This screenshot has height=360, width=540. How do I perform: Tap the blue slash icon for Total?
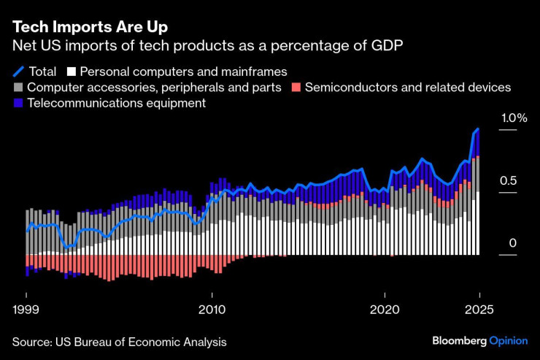click(18, 72)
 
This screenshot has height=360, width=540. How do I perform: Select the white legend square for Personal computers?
click(71, 72)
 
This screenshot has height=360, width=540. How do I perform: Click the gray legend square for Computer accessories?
click(18, 88)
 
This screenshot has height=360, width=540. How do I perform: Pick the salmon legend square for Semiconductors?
click(296, 88)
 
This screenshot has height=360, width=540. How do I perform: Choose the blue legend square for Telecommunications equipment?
click(18, 104)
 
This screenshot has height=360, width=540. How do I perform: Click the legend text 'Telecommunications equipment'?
click(116, 104)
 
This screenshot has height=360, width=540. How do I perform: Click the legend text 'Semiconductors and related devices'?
click(407, 88)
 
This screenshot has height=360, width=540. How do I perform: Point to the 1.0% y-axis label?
click(512, 118)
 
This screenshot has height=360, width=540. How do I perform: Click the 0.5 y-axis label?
click(508, 180)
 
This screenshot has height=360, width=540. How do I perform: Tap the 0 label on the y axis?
click(512, 243)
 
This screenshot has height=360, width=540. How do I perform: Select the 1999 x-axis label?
click(26, 309)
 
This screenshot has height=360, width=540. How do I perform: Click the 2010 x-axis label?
click(212, 309)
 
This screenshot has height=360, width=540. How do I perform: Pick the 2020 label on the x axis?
click(384, 309)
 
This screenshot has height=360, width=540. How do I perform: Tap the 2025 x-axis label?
click(478, 309)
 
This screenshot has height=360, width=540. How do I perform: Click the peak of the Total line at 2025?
click(478, 129)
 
